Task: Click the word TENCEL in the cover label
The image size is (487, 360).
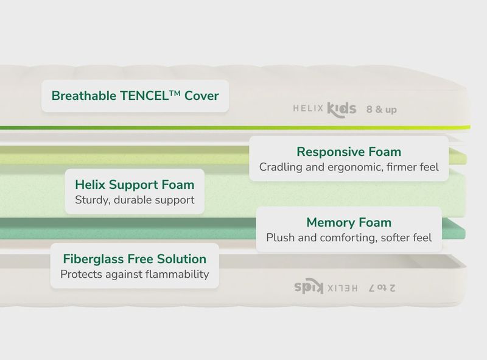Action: click(x=144, y=96)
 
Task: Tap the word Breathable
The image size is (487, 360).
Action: click(x=84, y=96)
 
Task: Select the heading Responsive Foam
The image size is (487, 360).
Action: click(x=349, y=152)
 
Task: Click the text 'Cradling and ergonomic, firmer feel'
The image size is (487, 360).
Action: click(x=349, y=167)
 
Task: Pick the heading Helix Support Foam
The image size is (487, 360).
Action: click(x=135, y=185)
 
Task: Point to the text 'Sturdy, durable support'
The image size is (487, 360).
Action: click(x=135, y=200)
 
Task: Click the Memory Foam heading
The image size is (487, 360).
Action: click(x=349, y=222)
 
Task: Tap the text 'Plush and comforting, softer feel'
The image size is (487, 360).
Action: click(x=349, y=238)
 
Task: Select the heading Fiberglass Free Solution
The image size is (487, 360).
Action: click(x=135, y=259)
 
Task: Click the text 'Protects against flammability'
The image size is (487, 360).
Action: click(x=135, y=274)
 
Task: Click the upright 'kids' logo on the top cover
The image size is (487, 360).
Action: click(x=342, y=110)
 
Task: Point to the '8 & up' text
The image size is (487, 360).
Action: click(x=382, y=110)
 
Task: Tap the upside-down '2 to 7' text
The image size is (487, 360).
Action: click(x=382, y=288)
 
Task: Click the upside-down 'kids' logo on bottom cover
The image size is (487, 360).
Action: click(x=309, y=286)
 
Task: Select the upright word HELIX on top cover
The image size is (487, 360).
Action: click(x=309, y=108)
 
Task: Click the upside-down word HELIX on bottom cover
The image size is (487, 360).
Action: click(x=343, y=289)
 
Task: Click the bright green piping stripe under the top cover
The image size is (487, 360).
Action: click(x=235, y=127)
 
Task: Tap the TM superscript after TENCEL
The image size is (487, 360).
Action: click(x=175, y=93)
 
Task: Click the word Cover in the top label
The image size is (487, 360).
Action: click(x=201, y=96)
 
